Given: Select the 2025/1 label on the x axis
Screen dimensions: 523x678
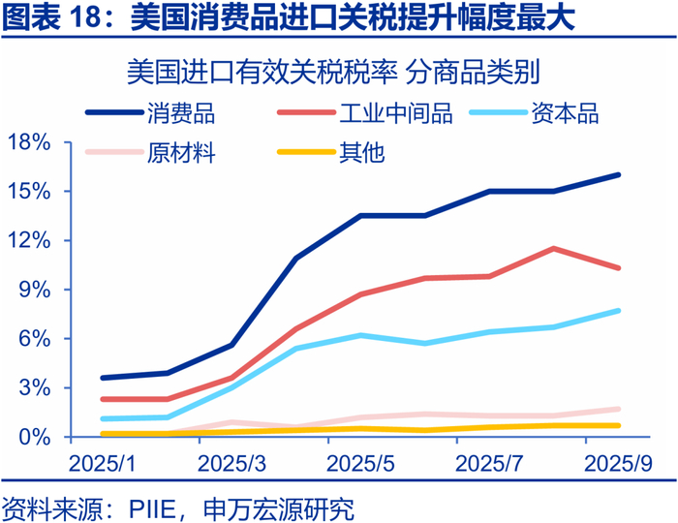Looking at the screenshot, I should point(102,464).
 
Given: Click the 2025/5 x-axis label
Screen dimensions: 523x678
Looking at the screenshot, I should point(361,464).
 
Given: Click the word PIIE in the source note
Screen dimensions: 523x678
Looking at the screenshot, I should point(161,507).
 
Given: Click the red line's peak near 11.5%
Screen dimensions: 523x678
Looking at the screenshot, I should point(553,248).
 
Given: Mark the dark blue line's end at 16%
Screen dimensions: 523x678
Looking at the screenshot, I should point(619,175).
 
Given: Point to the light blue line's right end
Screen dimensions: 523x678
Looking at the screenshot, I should point(619,311).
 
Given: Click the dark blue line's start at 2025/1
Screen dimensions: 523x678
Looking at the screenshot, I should point(102,378).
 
